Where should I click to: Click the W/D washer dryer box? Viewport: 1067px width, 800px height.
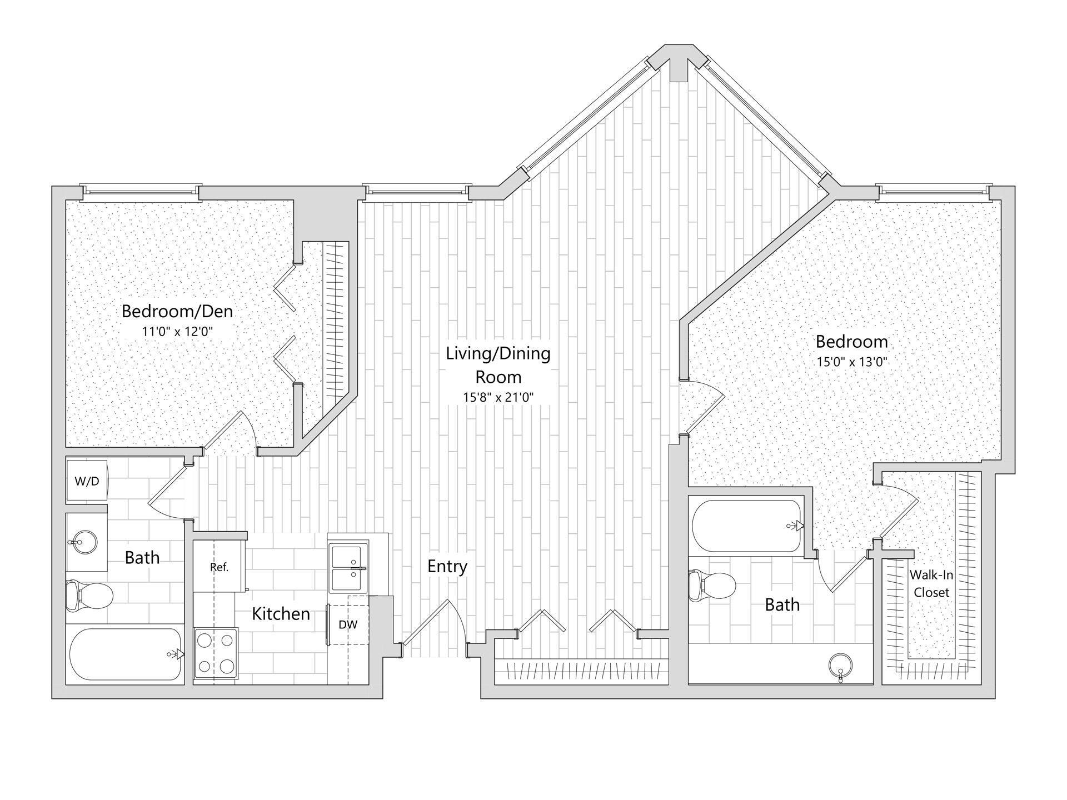click(x=87, y=481)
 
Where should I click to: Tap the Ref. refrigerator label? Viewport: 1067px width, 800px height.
click(x=219, y=567)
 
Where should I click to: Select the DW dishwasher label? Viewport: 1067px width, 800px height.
click(x=348, y=624)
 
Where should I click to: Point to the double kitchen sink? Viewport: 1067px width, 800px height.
click(x=348, y=568)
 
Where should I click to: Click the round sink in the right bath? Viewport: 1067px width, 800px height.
click(x=840, y=664)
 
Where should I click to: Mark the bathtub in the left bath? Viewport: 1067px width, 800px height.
click(x=125, y=654)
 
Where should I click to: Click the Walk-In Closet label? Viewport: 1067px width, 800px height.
click(x=931, y=584)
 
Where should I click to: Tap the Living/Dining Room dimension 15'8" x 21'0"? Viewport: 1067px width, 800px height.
click(x=498, y=398)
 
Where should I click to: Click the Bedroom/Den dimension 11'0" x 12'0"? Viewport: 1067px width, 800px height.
click(x=178, y=332)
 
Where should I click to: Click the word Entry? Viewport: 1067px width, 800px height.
click(x=447, y=567)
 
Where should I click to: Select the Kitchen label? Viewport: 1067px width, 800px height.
click(x=281, y=614)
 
